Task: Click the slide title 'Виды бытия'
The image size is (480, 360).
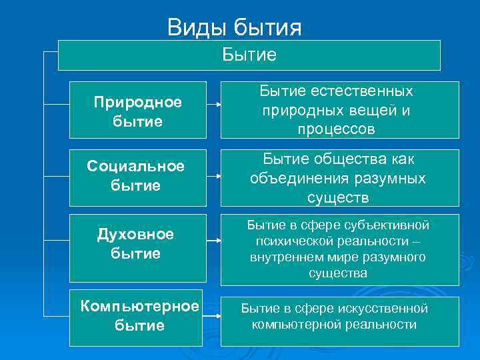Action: [234, 27]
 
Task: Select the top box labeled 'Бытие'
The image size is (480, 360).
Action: [249, 55]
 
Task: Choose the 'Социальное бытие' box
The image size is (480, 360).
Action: [137, 177]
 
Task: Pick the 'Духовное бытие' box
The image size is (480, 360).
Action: [137, 244]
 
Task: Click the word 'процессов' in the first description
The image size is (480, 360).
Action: [337, 129]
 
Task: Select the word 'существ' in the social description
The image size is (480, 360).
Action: [337, 197]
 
